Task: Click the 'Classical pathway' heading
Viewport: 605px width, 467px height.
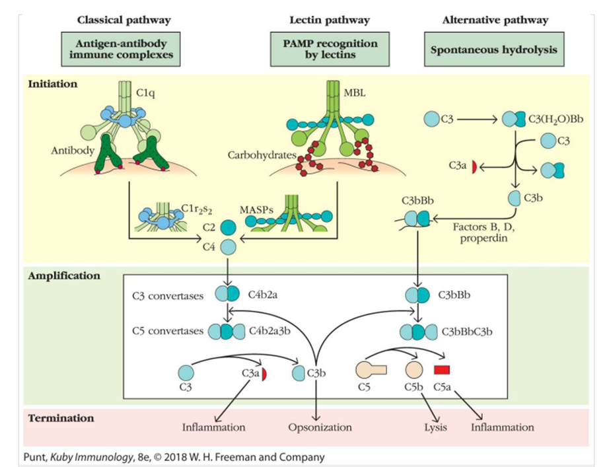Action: point(124,20)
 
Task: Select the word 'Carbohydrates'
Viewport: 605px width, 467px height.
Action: point(260,156)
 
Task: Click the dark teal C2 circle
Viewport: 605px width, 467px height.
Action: point(228,227)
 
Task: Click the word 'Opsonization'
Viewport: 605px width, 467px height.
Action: point(320,427)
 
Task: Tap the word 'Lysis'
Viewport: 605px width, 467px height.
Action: point(435,427)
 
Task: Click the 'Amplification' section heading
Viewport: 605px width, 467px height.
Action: point(64,275)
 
